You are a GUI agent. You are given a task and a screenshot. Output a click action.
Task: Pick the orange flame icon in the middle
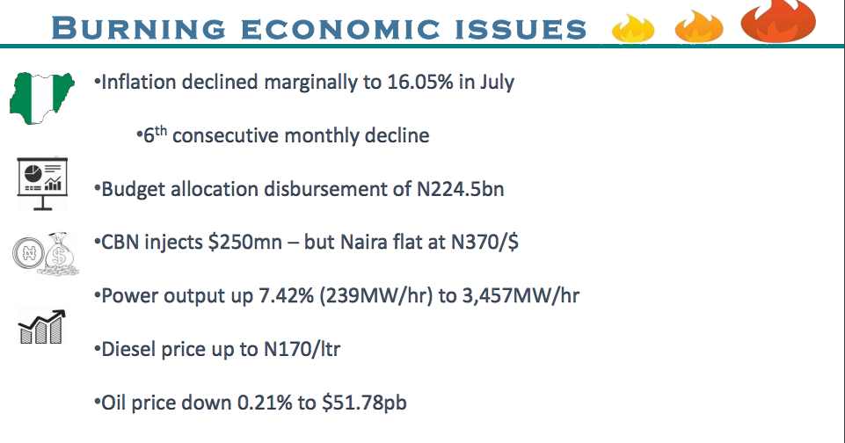[698, 28]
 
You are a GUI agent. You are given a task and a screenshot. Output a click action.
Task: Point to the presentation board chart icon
[42, 182]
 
